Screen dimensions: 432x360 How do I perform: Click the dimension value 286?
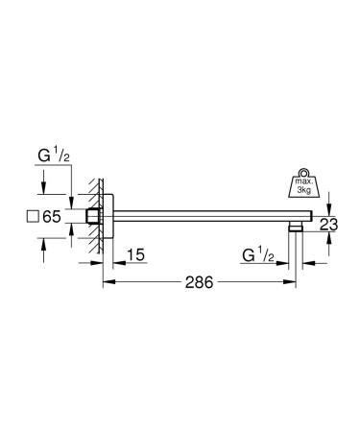coord(200,284)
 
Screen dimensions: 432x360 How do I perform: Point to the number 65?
coord(52,217)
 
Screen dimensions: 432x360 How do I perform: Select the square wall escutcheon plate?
coord(108,217)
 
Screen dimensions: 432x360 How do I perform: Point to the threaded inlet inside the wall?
coord(92,217)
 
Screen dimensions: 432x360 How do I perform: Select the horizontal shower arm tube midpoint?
coord(202,217)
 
